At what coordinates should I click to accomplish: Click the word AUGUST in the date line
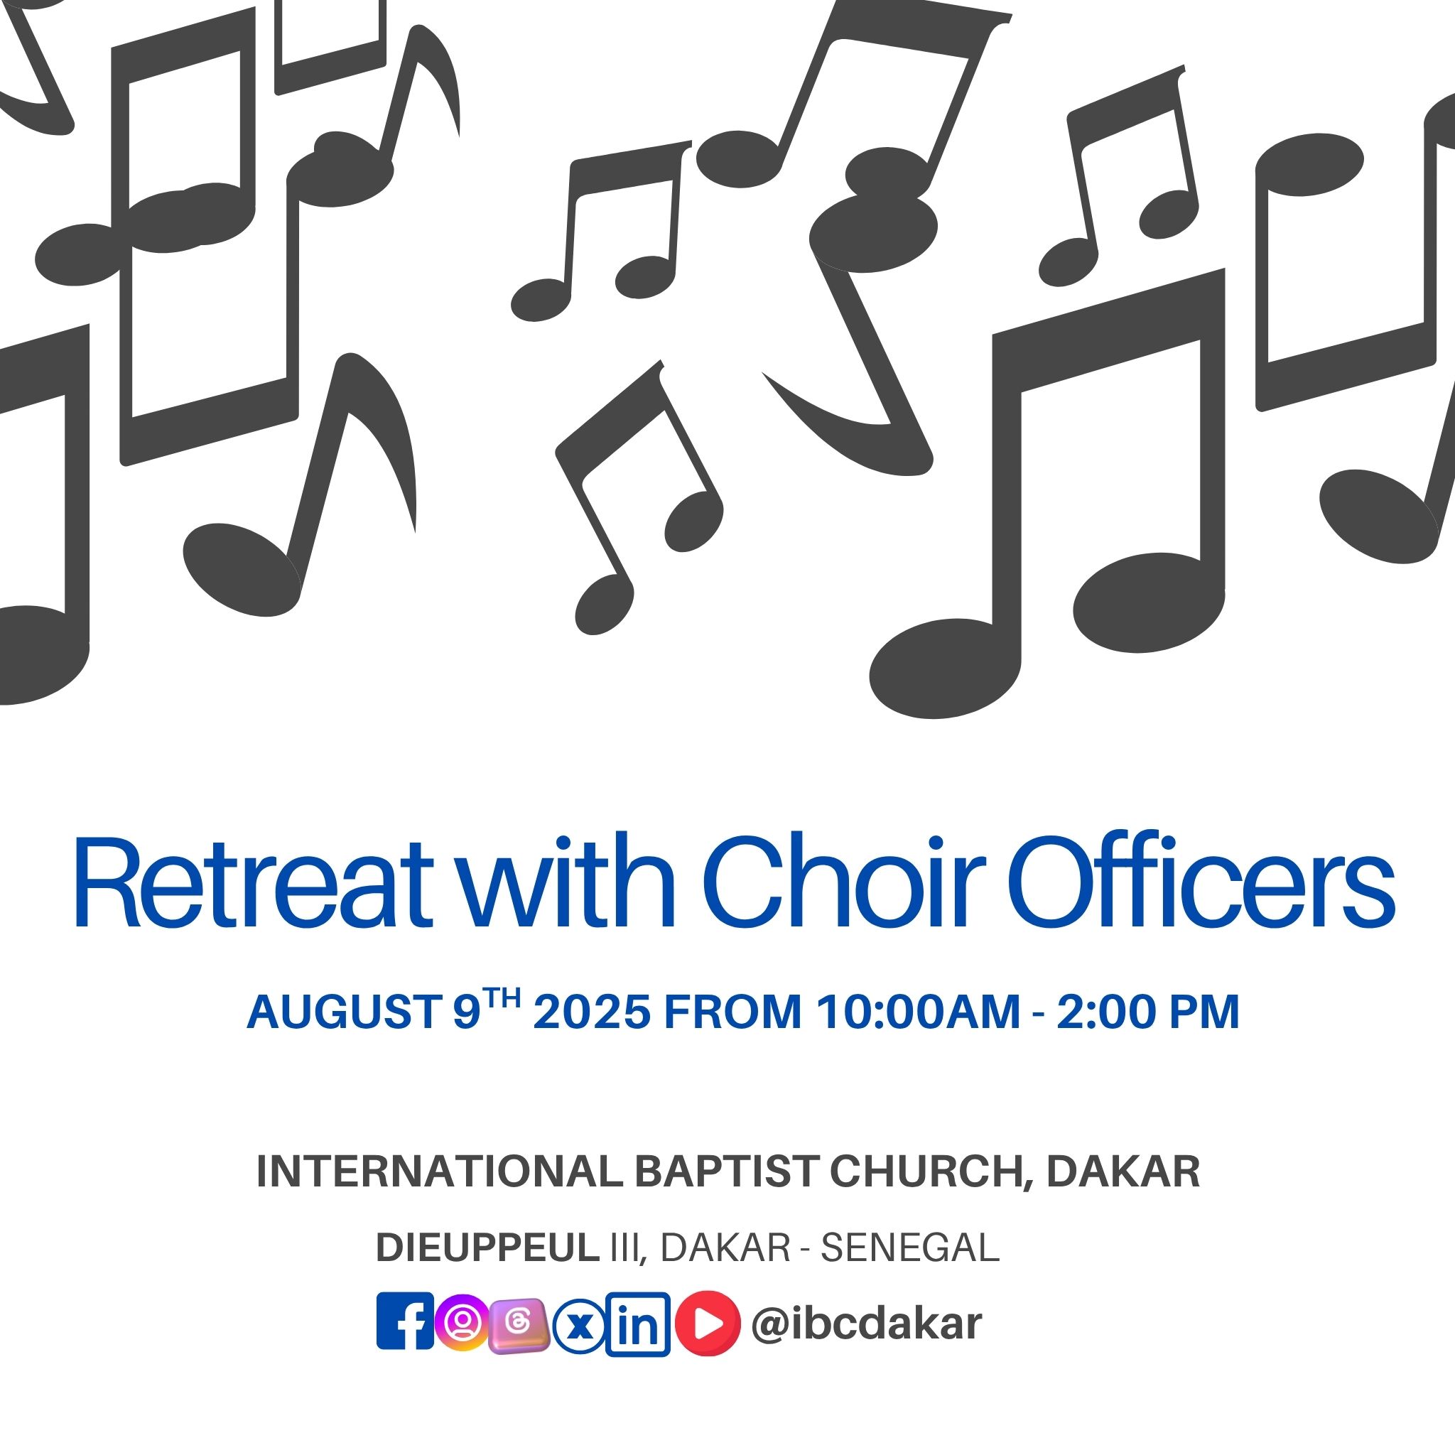(x=344, y=1012)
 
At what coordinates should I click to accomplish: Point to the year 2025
(x=591, y=1012)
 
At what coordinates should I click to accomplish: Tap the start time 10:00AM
(x=918, y=1012)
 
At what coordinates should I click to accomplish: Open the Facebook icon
(x=405, y=1321)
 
